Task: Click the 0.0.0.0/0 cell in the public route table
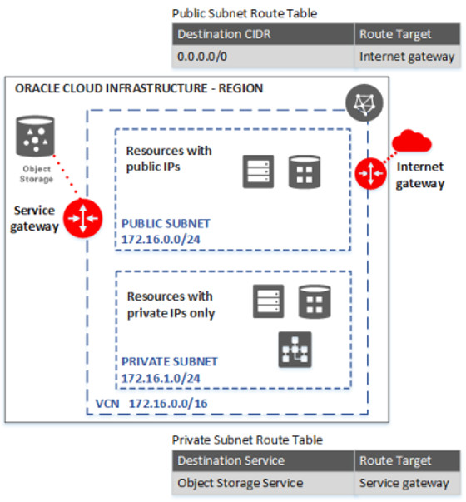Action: tap(263, 57)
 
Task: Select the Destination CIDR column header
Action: tap(263, 34)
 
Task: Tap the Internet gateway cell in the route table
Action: tap(408, 57)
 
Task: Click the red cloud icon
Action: tap(412, 141)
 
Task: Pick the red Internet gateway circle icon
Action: tap(370, 173)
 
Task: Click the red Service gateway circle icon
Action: tap(83, 218)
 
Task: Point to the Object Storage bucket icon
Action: tap(35, 136)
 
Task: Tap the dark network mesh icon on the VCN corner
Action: tap(364, 103)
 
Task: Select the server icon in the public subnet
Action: tap(258, 171)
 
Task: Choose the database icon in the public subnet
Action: tap(305, 171)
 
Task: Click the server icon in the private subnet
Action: tap(268, 301)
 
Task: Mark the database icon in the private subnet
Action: tap(315, 301)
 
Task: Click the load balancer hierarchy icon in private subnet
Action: tap(295, 350)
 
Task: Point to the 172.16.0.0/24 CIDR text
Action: tap(161, 239)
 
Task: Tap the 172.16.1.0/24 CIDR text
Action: tap(161, 379)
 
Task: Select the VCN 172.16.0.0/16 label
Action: tap(151, 404)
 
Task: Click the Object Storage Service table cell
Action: tap(263, 483)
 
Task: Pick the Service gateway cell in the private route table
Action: tap(408, 483)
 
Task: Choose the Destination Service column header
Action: tap(263, 460)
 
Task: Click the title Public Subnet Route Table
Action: tap(245, 13)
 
